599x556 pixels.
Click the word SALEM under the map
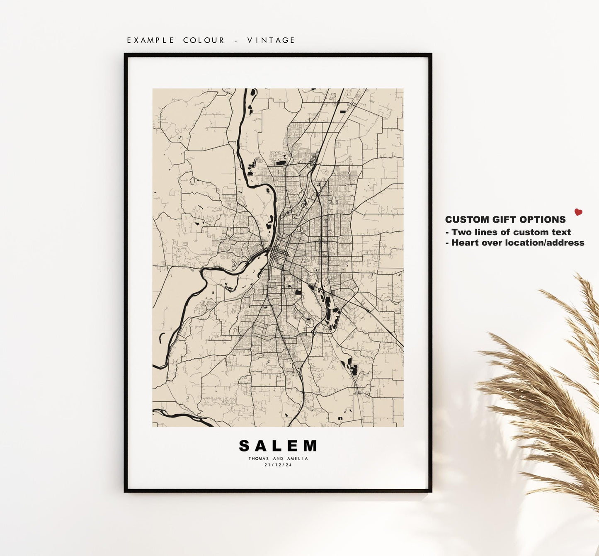point(278,446)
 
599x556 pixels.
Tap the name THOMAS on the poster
point(259,459)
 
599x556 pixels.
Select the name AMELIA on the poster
point(298,459)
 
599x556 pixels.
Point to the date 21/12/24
point(278,465)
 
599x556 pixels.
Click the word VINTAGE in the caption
point(271,40)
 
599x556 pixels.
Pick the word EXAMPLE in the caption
point(150,40)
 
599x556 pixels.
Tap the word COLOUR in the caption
point(204,40)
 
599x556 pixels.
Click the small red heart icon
point(578,212)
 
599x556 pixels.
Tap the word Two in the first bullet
point(461,232)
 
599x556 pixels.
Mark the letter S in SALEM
point(245,446)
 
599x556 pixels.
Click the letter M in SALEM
point(310,446)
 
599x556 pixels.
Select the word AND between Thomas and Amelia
point(278,459)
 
